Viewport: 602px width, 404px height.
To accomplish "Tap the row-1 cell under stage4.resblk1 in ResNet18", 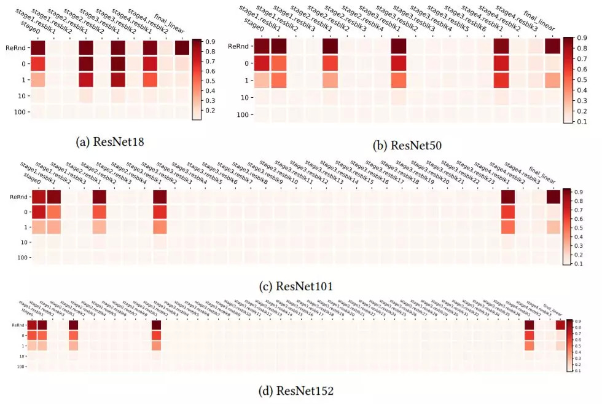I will pyautogui.click(x=150, y=80).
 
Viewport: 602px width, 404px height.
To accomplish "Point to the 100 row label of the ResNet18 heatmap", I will pyautogui.click(x=19, y=112).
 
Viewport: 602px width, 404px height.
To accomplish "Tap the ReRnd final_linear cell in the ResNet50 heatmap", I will pyautogui.click(x=552, y=46).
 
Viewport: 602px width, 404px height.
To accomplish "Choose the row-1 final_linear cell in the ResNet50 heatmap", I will pyautogui.click(x=552, y=81).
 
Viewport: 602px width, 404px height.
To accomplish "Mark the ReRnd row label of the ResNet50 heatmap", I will pyautogui.click(x=239, y=46).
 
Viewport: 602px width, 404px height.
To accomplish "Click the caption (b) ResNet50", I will pyautogui.click(x=408, y=146).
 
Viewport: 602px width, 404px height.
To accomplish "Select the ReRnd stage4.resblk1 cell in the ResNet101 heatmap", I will pyautogui.click(x=507, y=197).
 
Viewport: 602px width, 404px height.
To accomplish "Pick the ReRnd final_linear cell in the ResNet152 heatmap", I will pyautogui.click(x=560, y=325).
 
